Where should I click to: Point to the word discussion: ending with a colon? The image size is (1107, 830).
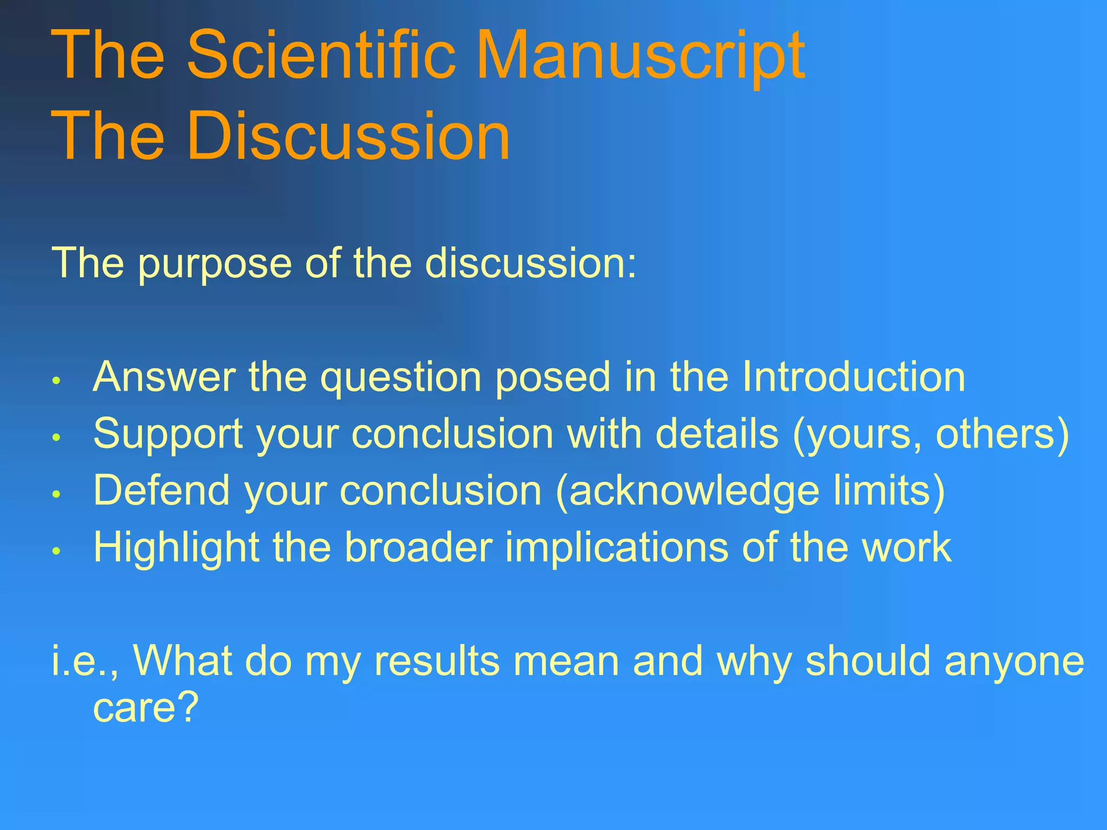coord(531,263)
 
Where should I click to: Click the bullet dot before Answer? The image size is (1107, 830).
coord(55,380)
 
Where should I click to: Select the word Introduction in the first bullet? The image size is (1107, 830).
coord(853,377)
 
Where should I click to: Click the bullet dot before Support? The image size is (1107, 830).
coord(55,437)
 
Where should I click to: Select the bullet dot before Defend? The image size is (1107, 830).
coord(55,493)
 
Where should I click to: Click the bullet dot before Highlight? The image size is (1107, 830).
coord(55,551)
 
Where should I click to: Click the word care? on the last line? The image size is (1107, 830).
coord(146,707)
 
